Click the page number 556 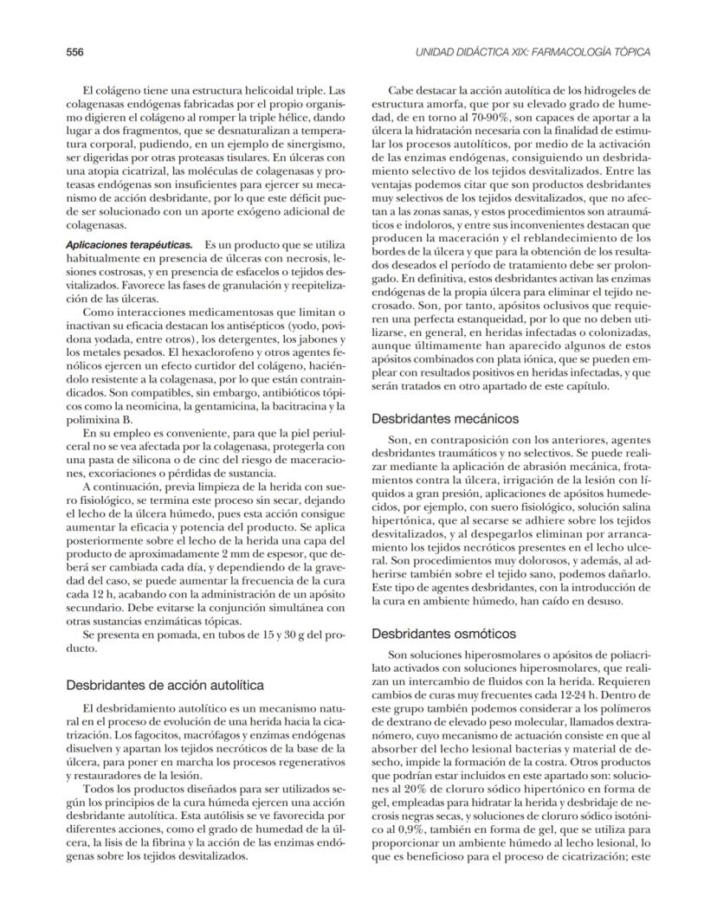point(74,52)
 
